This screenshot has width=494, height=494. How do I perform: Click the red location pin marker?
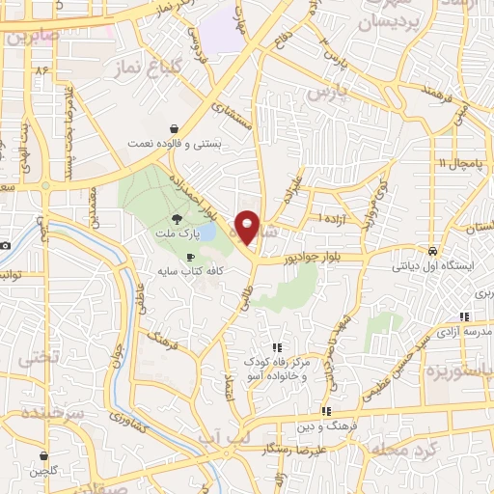(x=248, y=227)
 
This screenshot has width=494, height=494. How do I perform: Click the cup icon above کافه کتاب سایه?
(x=190, y=257)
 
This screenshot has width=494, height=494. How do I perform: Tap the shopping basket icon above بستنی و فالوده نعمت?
(x=174, y=128)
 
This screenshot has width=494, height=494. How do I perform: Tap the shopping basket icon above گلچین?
(x=43, y=456)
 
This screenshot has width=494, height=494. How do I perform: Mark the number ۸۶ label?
(x=42, y=72)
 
